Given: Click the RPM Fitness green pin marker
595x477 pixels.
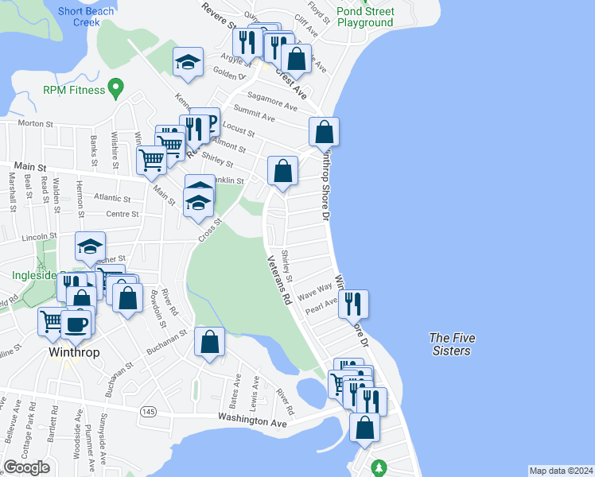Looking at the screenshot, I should tap(116, 88).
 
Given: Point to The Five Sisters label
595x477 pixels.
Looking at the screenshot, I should tap(450, 344).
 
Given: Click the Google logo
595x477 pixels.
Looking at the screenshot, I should tap(27, 467).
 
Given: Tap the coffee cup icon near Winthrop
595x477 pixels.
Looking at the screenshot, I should tap(76, 323).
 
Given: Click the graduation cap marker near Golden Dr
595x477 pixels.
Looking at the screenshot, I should tap(189, 61).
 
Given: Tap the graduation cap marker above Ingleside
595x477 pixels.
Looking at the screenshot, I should tap(91, 246).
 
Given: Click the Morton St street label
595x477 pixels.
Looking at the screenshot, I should tap(35, 124).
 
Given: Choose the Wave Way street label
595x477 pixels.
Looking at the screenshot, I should tap(314, 291).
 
